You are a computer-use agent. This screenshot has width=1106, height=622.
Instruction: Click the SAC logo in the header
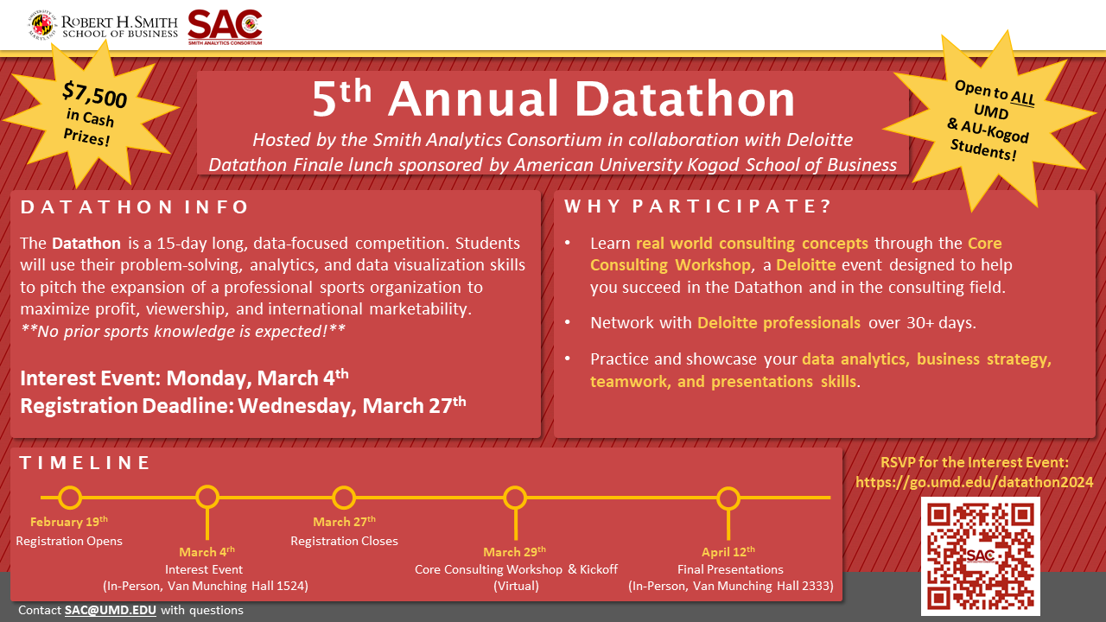pyautogui.click(x=225, y=27)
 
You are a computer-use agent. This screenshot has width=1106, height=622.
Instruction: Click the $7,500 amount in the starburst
pyautogui.click(x=94, y=96)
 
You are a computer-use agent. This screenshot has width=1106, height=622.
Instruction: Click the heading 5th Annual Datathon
pyautogui.click(x=553, y=99)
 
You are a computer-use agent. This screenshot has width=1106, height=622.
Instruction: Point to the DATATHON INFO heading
pyautogui.click(x=135, y=207)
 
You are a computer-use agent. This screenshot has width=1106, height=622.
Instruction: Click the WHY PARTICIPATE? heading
pyautogui.click(x=697, y=207)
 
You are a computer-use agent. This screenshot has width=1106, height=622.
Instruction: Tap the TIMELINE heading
pyautogui.click(x=86, y=463)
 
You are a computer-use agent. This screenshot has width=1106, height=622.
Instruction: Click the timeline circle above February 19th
pyautogui.click(x=70, y=498)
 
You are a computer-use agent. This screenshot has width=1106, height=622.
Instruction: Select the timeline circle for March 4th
pyautogui.click(x=207, y=498)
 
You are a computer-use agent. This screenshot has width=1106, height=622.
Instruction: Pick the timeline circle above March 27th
pyautogui.click(x=344, y=498)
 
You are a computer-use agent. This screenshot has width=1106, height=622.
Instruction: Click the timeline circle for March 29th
pyautogui.click(x=515, y=498)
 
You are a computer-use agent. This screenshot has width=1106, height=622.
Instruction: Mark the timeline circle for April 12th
pyautogui.click(x=728, y=498)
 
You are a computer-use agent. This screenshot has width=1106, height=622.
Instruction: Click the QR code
pyautogui.click(x=980, y=555)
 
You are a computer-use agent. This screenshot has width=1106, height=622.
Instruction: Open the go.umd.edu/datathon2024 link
pyautogui.click(x=974, y=482)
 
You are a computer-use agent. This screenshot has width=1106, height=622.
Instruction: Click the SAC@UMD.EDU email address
pyautogui.click(x=111, y=610)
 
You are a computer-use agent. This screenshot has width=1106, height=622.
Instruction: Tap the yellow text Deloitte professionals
pyautogui.click(x=779, y=323)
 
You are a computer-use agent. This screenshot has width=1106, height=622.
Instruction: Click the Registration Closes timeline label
pyautogui.click(x=344, y=541)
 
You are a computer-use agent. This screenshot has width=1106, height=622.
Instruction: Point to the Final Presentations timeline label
pyautogui.click(x=730, y=569)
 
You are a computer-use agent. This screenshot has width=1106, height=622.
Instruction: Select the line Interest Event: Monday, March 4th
pyautogui.click(x=185, y=378)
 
